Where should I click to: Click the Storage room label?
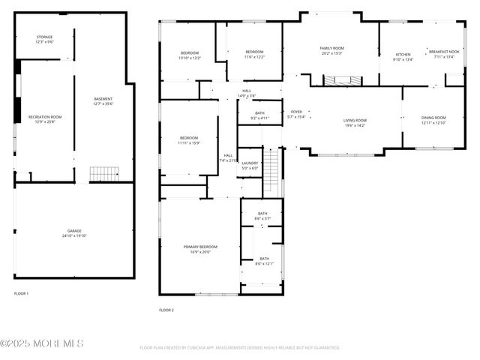click(45, 39)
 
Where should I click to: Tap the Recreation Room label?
click(45, 119)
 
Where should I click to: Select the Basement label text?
click(103, 101)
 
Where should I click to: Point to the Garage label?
click(74, 232)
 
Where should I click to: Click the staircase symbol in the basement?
click(100, 174)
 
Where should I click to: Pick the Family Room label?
click(331, 50)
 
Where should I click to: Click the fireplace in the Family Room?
click(341, 80)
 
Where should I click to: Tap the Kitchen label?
click(403, 56)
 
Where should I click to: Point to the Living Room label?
click(355, 122)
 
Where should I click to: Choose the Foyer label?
click(297, 114)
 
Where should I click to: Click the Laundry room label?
click(250, 165)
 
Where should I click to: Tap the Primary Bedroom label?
click(200, 249)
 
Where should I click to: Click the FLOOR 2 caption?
click(166, 310)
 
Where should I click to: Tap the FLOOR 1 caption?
click(21, 293)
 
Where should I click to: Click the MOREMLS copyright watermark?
click(42, 343)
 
